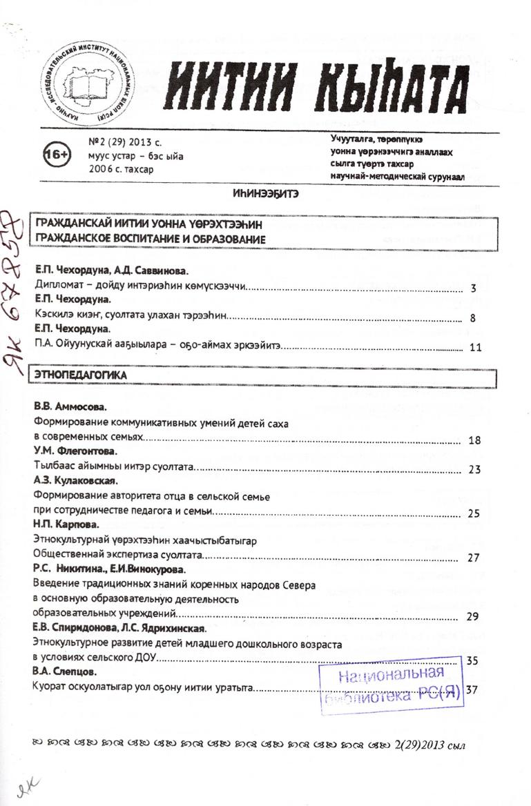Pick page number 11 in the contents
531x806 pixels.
pos(474,347)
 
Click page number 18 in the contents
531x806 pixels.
pos(474,440)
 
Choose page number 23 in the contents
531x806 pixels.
pos(474,470)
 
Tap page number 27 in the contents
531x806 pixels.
pos(474,557)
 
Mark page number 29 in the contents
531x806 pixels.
pos(473,616)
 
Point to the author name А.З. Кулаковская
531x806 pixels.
pos(76,481)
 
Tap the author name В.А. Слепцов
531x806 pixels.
pos(64,671)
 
